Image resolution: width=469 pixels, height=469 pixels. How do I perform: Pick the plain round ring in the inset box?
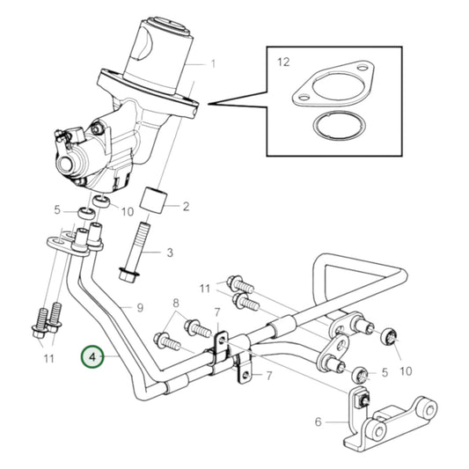[328, 126]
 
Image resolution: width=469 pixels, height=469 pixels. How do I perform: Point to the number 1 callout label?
[211, 64]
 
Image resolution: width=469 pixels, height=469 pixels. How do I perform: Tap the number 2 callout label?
[186, 207]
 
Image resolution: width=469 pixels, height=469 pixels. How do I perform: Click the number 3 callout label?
[170, 253]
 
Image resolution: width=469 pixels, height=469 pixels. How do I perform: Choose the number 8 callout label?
[176, 301]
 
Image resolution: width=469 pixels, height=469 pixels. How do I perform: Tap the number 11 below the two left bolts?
[48, 358]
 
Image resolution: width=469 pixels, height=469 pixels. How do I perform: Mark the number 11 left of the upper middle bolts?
[204, 288]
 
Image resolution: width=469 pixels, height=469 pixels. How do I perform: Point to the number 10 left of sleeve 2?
[127, 211]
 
